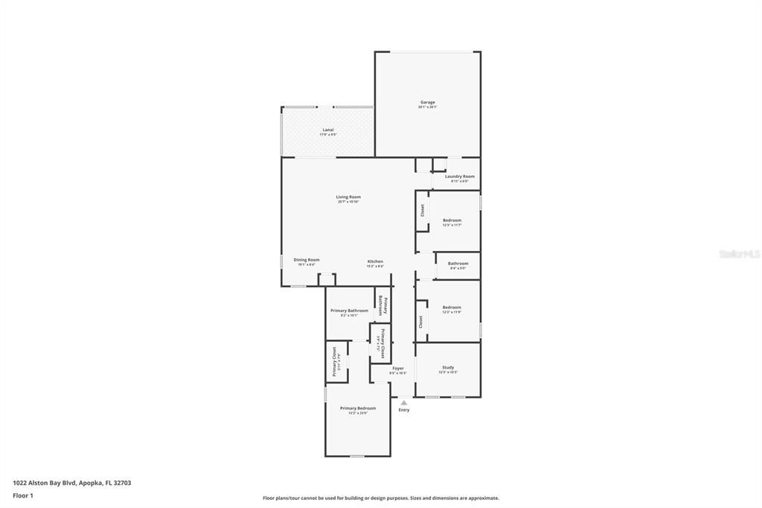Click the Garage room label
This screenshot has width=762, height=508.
click(427, 102)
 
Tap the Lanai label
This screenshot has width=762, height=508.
click(328, 130)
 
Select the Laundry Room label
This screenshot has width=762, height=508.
click(460, 177)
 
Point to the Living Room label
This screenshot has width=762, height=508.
click(348, 197)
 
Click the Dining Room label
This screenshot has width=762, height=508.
click(307, 260)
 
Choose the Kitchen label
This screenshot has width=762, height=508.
click(375, 261)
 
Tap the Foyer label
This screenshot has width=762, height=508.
click(398, 368)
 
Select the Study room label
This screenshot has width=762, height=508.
click(448, 367)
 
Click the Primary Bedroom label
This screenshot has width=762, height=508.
click(358, 408)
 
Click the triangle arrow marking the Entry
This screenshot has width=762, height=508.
click(404, 403)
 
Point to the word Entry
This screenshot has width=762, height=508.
click(404, 410)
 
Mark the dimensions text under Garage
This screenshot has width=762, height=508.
click(427, 107)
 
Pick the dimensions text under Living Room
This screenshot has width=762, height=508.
click(348, 202)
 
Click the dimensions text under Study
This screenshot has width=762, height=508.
click(448, 372)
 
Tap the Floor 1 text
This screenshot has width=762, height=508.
click(23, 495)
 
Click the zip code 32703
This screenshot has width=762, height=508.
click(121, 483)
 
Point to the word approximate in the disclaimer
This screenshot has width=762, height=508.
click(481, 498)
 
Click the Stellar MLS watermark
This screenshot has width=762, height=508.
click(739, 254)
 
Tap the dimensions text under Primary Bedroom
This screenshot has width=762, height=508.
click(358, 413)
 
